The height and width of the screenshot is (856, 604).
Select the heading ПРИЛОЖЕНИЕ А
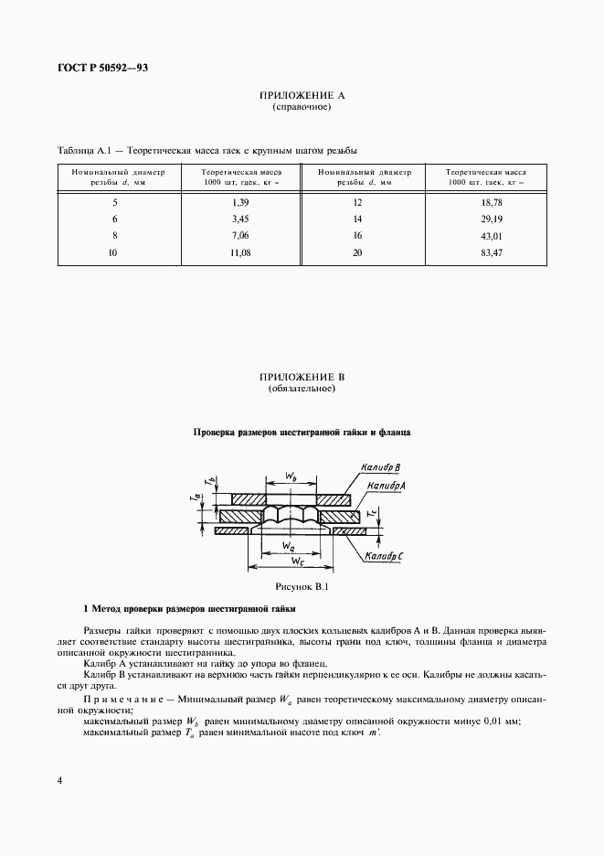pos(302,95)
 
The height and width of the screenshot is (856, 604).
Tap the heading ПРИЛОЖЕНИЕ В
pos(302,377)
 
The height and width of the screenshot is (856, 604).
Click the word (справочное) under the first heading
pos(302,107)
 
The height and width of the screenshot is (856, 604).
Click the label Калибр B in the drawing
pos(374,467)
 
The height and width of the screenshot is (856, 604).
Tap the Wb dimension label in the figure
pos(290,476)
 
